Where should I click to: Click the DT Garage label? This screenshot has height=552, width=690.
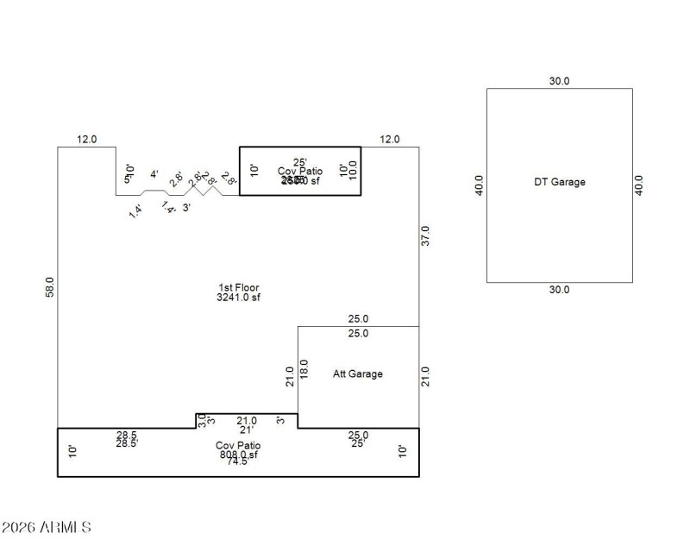coord(559,182)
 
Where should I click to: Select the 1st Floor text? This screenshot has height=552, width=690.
coord(239,288)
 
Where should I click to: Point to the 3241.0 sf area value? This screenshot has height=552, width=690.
coord(239,298)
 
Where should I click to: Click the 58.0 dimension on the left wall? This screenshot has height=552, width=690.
coord(50,288)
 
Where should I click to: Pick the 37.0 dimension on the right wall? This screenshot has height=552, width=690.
coord(424,235)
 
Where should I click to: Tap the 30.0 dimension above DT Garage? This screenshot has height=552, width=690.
coord(560,81)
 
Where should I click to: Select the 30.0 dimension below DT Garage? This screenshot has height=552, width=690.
coord(560,290)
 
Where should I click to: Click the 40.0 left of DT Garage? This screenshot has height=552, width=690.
coord(480,185)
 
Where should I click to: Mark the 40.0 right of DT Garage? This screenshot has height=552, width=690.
coord(639,185)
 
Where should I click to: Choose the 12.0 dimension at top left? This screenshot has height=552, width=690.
coord(87,139)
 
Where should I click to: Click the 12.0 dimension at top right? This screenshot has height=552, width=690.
coord(391,139)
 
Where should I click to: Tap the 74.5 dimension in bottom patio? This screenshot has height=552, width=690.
coord(237,461)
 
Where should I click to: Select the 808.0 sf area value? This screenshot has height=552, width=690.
coord(237,454)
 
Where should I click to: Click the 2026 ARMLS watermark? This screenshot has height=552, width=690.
coord(47,526)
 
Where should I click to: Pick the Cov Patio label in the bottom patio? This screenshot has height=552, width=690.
coord(237,445)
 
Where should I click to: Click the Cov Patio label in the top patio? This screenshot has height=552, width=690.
coord(300,172)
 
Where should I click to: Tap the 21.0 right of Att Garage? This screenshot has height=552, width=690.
coord(424,377)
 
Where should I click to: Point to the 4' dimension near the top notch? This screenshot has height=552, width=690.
coord(154,174)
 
